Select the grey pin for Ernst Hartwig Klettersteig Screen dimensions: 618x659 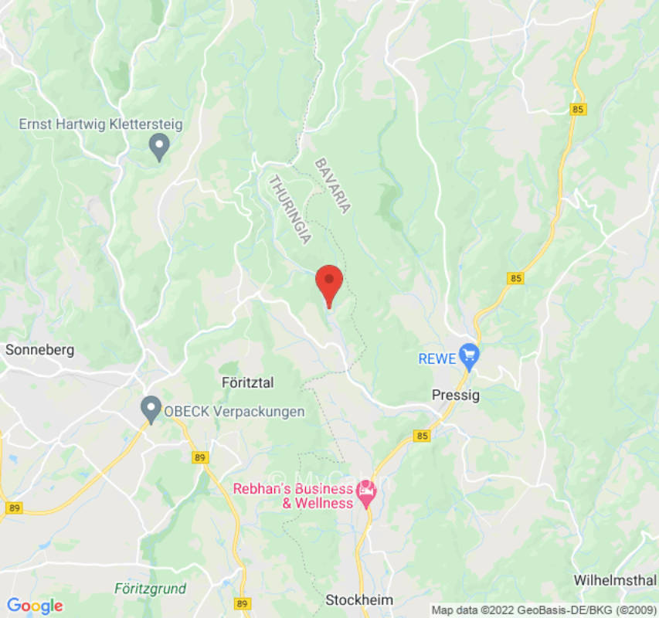point(159,146)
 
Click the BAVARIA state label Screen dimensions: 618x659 point(333,185)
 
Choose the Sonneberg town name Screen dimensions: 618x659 point(39,350)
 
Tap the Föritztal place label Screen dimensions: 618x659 point(248,382)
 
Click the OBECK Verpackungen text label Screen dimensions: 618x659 point(234,412)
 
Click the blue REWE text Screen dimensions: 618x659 point(437,358)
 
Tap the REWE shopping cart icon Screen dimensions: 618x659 point(469,356)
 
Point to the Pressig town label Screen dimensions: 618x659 point(455,395)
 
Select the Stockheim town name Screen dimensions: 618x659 point(359,600)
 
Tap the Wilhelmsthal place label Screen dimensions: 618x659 point(616,580)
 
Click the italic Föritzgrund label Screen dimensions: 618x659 point(150,589)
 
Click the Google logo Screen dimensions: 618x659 point(34,606)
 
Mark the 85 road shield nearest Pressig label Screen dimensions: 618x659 point(422,436)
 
